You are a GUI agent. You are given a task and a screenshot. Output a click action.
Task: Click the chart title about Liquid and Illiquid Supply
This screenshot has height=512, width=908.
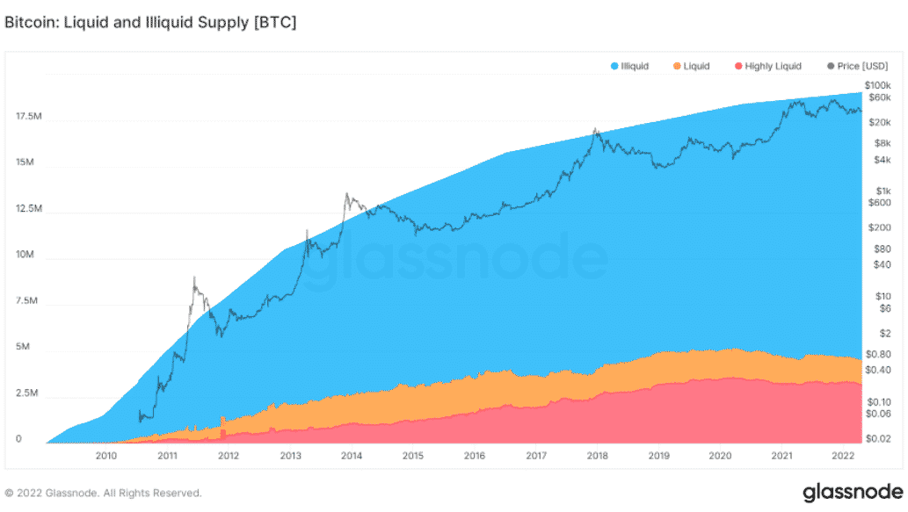click(150, 23)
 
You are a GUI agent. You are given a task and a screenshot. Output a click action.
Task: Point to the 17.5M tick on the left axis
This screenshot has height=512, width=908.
click(28, 116)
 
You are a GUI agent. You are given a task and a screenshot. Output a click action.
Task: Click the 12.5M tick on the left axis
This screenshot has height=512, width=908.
click(28, 208)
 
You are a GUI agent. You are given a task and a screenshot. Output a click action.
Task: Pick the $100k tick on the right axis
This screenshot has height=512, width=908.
click(877, 84)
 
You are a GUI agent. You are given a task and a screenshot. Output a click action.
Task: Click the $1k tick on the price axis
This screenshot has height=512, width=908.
click(883, 191)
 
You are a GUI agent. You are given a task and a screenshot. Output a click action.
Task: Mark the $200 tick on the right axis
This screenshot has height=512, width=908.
click(879, 227)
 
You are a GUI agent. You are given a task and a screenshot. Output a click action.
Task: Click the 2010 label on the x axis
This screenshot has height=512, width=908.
click(106, 456)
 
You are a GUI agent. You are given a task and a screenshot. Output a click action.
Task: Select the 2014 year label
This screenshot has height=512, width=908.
click(352, 456)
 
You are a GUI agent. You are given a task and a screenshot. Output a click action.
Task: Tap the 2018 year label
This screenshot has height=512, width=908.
click(597, 456)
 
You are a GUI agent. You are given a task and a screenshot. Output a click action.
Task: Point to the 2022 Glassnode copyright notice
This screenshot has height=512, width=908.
click(103, 493)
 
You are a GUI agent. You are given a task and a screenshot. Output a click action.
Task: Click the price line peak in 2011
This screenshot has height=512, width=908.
click(193, 278)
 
